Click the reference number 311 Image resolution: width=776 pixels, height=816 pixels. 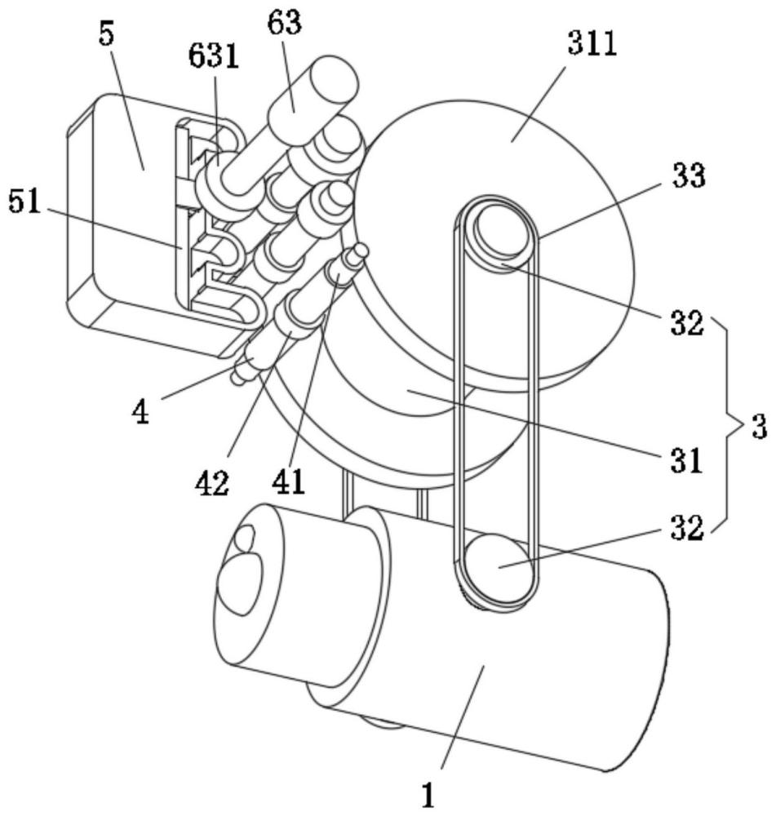592,43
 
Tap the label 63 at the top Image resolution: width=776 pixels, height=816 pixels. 285,22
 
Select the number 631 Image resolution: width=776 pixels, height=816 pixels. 214,55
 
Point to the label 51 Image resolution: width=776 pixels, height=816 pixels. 24,202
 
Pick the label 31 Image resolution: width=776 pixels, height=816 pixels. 686,460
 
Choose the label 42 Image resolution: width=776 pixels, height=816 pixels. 212,483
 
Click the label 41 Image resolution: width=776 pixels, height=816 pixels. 288,481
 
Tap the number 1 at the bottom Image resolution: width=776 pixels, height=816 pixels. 428,795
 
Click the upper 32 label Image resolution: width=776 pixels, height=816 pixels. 687,322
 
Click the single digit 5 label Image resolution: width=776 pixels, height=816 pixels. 107,33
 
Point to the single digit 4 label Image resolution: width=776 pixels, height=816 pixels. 141,412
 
